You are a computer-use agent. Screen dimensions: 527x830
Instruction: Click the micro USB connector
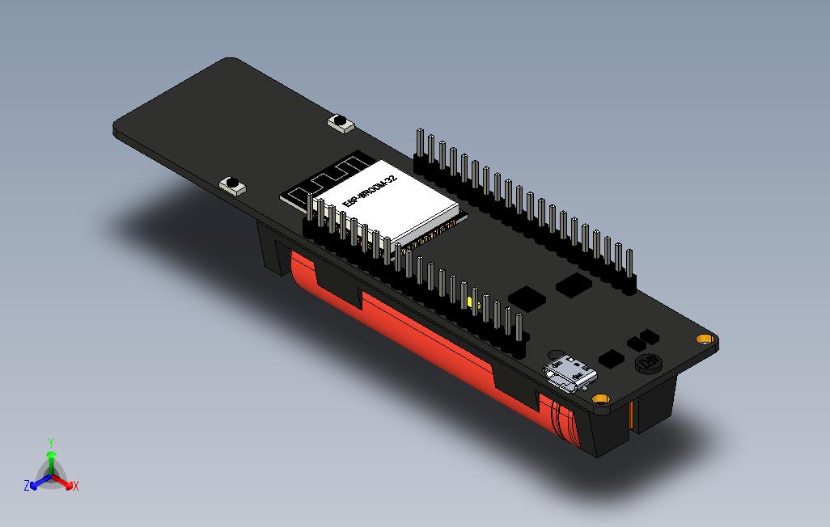(572, 375)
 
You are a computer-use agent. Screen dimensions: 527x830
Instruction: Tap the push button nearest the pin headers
(341, 124)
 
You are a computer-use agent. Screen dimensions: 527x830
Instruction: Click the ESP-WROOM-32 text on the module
(369, 192)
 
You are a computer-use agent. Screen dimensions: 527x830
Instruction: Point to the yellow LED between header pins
(470, 303)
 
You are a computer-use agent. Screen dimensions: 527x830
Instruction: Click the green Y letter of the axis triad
(51, 442)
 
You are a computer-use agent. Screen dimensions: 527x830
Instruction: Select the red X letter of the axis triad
(75, 486)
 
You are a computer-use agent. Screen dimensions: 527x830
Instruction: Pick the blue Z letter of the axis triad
(27, 486)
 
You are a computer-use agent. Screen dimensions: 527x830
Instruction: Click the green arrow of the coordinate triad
(51, 460)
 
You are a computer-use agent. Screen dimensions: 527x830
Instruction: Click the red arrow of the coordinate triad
(65, 483)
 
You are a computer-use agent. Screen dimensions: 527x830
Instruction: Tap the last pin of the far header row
(628, 267)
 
